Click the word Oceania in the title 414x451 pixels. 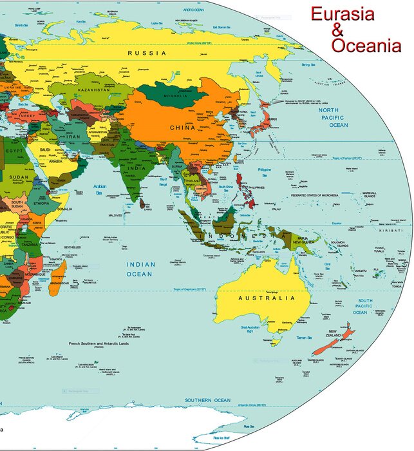coord(366,45)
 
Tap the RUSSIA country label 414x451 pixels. coord(147,53)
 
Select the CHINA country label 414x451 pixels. coord(182,128)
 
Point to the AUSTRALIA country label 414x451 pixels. coord(267,298)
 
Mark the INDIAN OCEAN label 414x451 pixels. coord(140,269)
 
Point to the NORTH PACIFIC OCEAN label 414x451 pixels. coord(334,118)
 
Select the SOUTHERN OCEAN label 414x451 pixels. coord(207,400)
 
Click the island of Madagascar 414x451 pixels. coord(58,275)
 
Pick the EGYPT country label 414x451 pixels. coord(14,151)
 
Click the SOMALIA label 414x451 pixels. coord(64,209)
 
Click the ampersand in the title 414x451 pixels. coord(338,30)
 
